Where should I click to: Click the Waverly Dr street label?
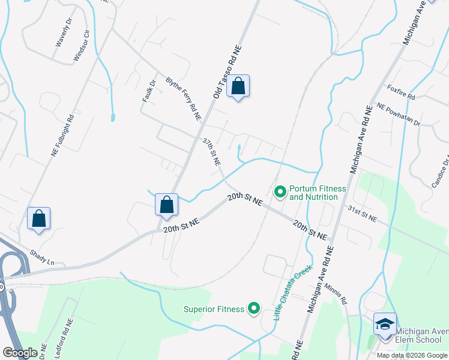pos(63,36)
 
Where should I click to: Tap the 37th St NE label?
pos(211,152)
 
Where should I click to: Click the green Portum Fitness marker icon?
pos(280,192)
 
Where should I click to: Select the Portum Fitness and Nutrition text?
pos(318,193)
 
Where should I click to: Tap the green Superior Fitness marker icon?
pos(254,309)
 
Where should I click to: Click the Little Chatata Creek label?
pos(294,293)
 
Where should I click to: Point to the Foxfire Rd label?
pos(401,92)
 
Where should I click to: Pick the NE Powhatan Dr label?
pos(399,114)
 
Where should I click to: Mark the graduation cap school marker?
pos(384,325)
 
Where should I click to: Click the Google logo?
pos(20,353)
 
